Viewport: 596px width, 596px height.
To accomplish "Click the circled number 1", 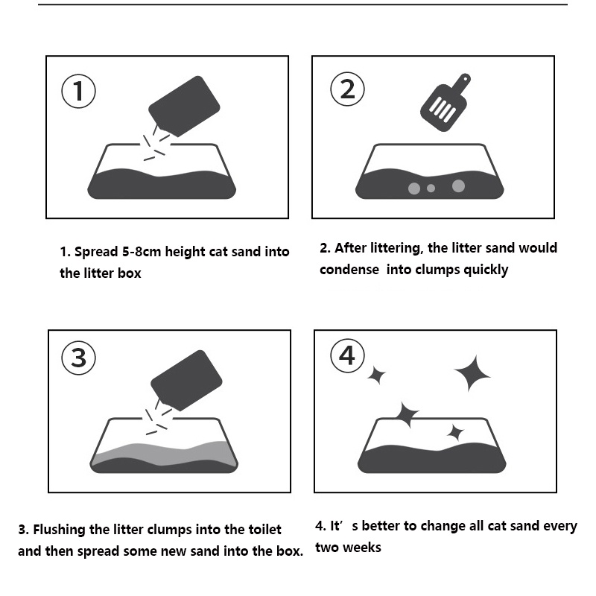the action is point(78,91).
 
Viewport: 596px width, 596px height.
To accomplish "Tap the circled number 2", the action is point(347,89).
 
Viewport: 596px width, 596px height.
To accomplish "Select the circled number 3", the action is point(78,358).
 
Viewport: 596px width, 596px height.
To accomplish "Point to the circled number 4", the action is point(347,356).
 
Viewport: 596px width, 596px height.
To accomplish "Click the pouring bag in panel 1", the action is point(184,107).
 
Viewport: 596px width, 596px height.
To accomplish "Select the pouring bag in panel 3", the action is point(186,381).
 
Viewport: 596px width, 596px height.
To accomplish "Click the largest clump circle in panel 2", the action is point(458,186).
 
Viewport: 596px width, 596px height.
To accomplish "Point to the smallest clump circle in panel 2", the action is point(431,188).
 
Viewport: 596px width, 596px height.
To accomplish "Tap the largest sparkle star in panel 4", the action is point(472,374).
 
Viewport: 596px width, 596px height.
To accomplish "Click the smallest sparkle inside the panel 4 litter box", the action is point(455,433).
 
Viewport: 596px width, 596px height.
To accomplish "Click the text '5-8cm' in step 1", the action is point(142,252).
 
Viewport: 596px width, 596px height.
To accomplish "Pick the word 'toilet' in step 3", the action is point(264,530).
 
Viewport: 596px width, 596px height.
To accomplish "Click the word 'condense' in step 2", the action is point(349,270).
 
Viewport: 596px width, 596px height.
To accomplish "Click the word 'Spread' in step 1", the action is point(96,252).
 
